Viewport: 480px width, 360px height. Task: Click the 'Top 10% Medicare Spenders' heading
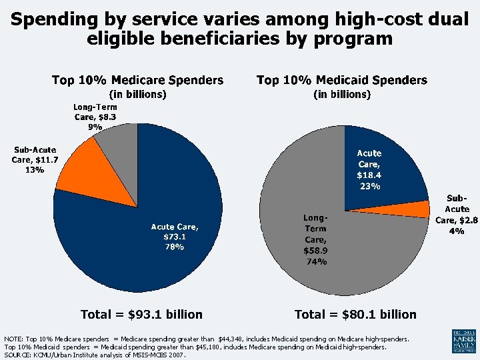point(137,80)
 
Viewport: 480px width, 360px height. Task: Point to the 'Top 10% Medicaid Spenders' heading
point(341,80)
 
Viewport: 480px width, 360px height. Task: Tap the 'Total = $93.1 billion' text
point(141,314)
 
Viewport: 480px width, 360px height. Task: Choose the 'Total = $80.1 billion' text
point(355,314)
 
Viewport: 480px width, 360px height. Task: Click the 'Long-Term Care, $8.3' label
point(95,112)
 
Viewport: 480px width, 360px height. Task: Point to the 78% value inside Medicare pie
point(174,247)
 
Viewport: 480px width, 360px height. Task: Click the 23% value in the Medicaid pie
point(369,186)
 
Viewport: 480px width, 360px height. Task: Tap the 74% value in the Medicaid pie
point(316,261)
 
